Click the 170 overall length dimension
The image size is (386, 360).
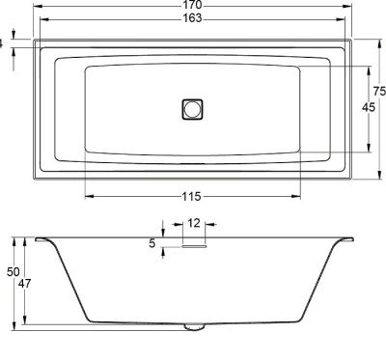pos(192,6)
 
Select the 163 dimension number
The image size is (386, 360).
pos(192,19)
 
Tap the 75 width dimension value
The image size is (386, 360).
pos(379,90)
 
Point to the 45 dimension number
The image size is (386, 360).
pos(369,107)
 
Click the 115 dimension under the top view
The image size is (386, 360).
pos(193,197)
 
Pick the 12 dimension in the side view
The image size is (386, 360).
pos(194,223)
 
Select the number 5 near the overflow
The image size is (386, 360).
pos(152,243)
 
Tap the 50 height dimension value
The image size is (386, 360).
pos(14,273)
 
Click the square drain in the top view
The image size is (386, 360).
pos(193,109)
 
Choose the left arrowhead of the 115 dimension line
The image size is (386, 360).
pos(89,197)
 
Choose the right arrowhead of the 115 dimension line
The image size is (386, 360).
pos(298,197)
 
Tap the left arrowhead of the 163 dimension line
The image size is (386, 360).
pos(44,19)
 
